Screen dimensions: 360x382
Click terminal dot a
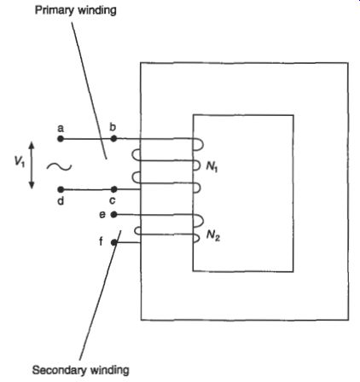[61, 139]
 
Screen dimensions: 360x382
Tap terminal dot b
[113, 139]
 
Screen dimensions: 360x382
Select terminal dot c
[113, 189]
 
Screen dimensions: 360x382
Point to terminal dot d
[61, 189]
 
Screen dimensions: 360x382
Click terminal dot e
[113, 215]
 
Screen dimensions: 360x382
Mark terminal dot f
[113, 242]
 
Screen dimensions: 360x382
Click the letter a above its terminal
[61, 129]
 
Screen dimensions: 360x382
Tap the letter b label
[113, 127]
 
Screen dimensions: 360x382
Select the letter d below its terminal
[61, 201]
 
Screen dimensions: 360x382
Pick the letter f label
[101, 242]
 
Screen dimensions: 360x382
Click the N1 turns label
[212, 166]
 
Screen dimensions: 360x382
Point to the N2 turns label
[213, 235]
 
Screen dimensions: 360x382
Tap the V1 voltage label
[20, 162]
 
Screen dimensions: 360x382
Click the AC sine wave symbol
[59, 167]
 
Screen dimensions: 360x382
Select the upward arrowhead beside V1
[32, 145]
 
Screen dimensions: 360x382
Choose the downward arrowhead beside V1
[32, 185]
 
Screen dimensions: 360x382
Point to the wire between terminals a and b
[87, 139]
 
